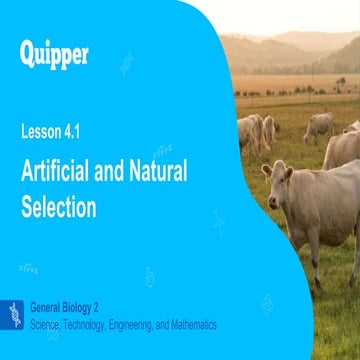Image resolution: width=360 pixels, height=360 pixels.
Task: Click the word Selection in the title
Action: tap(58, 207)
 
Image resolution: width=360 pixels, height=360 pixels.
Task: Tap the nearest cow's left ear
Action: tap(265, 170)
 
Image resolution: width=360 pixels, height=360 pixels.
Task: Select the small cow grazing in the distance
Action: tap(318, 125)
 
